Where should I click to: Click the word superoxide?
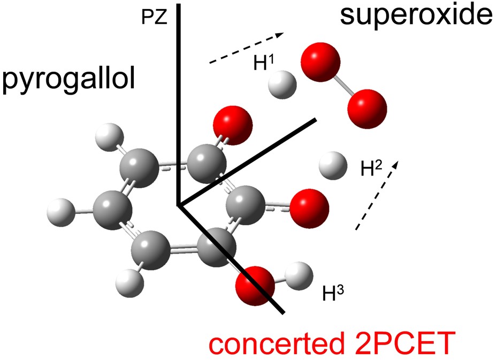click(x=416, y=18)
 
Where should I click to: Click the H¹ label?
click(x=264, y=63)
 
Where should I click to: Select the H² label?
click(x=371, y=168)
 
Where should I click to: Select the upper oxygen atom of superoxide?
click(x=321, y=62)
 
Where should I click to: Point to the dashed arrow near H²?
click(x=377, y=195)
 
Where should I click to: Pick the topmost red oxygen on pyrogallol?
click(x=232, y=125)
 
